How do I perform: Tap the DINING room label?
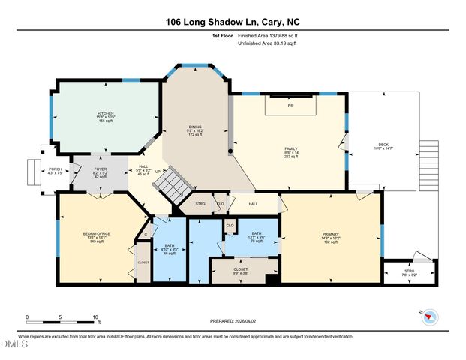tap(195, 127)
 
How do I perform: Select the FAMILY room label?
tap(291, 148)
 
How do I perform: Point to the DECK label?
tap(383, 144)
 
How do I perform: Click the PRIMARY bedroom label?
tap(331, 234)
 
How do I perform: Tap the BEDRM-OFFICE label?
tap(97, 234)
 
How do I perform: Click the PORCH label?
tap(55, 169)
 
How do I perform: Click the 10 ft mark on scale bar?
tap(96, 316)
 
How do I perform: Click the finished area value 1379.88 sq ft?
tap(277, 35)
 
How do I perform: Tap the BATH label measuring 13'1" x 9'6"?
tap(256, 234)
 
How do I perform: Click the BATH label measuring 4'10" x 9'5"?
tap(169, 247)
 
